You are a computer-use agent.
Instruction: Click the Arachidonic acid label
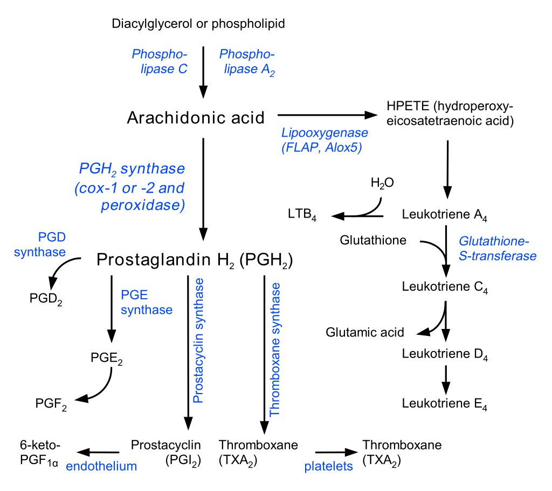pyautogui.click(x=196, y=117)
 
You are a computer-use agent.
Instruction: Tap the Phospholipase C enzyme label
pyautogui.click(x=160, y=61)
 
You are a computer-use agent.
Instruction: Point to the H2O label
pyautogui.click(x=382, y=183)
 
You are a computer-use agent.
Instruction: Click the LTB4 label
pyautogui.click(x=302, y=214)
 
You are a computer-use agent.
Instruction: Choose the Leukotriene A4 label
pyautogui.click(x=445, y=215)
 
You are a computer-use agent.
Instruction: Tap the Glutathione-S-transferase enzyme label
pyautogui.click(x=498, y=248)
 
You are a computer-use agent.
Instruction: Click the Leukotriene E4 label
pyautogui.click(x=445, y=404)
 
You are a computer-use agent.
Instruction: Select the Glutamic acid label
pyautogui.click(x=365, y=332)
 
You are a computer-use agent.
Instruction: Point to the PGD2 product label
pyautogui.click(x=46, y=299)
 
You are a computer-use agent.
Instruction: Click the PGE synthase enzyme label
pyautogui.click(x=147, y=303)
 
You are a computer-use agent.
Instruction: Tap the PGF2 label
pyautogui.click(x=51, y=404)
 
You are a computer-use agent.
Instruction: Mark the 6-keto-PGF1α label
pyautogui.click(x=39, y=453)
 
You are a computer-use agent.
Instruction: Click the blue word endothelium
pyautogui.click(x=101, y=466)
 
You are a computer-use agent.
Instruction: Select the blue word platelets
pyautogui.click(x=328, y=466)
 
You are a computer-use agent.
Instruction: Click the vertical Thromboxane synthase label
pyautogui.click(x=274, y=349)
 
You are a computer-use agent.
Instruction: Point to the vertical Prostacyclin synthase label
pyautogui.click(x=198, y=340)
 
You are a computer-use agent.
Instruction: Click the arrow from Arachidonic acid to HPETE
pyautogui.click(x=327, y=115)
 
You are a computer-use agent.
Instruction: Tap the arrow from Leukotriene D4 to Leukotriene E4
pyautogui.click(x=446, y=380)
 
